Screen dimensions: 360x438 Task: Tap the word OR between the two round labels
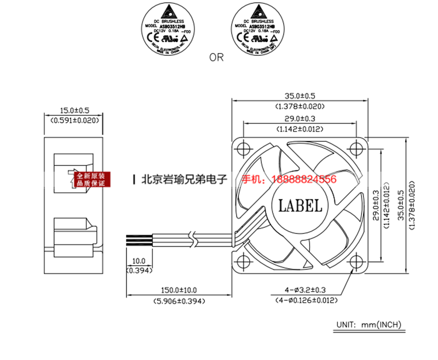(x=216, y=57)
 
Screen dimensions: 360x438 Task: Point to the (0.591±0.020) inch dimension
(x=73, y=119)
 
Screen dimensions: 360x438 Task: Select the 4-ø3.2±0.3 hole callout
(x=306, y=290)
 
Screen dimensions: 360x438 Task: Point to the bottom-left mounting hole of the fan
(x=243, y=261)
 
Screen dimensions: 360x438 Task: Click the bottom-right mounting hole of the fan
(x=356, y=261)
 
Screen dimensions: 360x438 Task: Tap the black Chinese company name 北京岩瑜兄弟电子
(x=183, y=179)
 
